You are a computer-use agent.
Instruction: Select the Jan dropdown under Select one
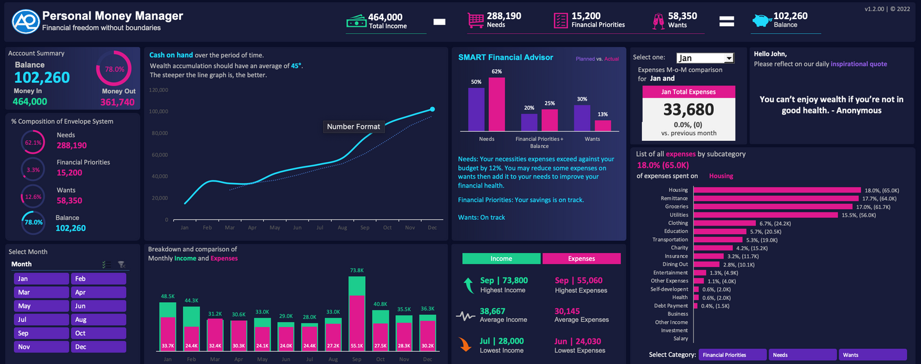704,58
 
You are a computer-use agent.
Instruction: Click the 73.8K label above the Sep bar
357,270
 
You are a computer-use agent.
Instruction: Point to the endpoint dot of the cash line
432,109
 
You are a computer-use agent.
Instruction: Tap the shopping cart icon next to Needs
475,21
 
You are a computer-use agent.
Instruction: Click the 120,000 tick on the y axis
158,90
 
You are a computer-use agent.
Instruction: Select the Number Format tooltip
353,127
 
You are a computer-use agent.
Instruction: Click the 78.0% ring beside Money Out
114,69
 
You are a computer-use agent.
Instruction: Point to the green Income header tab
501,259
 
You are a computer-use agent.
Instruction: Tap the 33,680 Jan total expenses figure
688,110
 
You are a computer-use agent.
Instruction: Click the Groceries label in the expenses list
677,207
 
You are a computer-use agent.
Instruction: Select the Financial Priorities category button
732,355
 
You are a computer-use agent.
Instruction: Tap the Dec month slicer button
98,347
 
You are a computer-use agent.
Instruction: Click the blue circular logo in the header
25,21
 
